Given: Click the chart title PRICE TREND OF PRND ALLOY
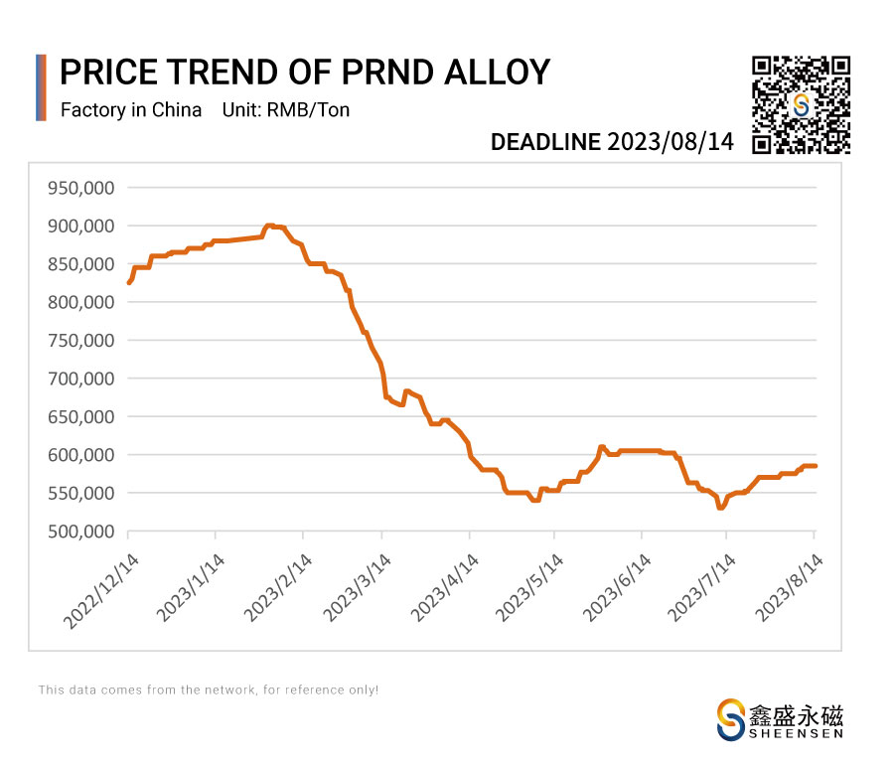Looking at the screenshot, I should [x=305, y=73].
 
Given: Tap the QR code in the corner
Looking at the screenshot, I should [x=801, y=105].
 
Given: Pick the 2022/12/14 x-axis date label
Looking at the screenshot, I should [x=98, y=590].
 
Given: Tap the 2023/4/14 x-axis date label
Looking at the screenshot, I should [x=443, y=590].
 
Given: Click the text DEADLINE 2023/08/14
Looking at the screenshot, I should [x=612, y=142].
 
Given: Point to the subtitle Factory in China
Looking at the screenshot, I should [x=131, y=110].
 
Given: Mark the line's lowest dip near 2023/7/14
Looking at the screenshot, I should [x=721, y=508].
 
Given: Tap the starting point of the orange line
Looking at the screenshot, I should [x=129, y=283].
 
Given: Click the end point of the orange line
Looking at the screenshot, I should [x=816, y=466].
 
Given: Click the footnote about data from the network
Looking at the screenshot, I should [x=209, y=689].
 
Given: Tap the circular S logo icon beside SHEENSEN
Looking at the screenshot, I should [x=732, y=719].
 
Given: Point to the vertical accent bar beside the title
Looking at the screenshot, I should [x=41, y=87].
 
